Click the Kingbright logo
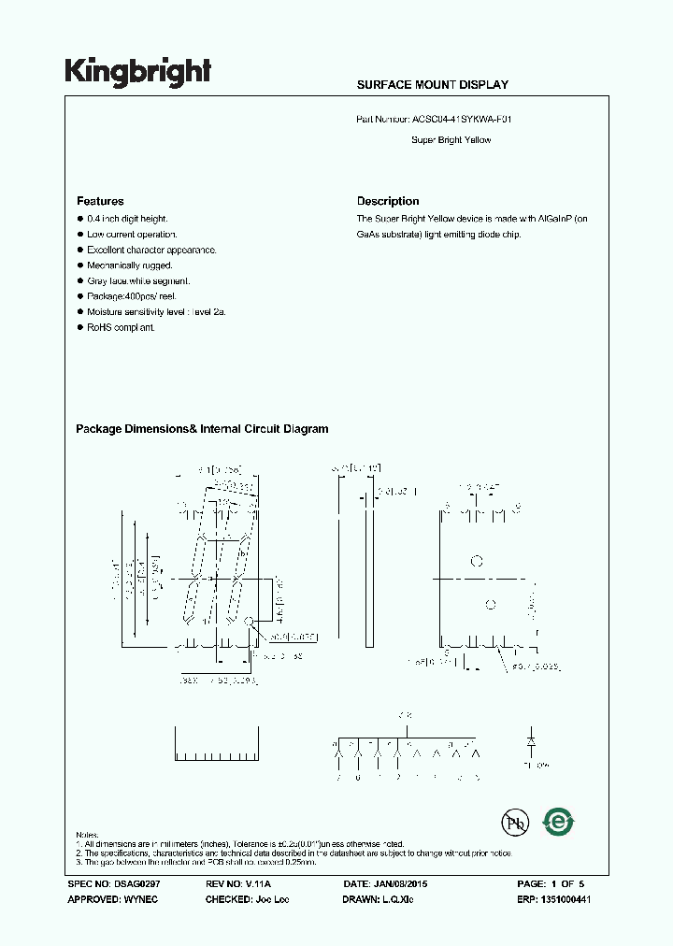[x=137, y=72]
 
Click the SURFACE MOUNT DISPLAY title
[x=432, y=85]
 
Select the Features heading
[x=100, y=201]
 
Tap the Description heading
[x=388, y=201]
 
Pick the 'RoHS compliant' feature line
[x=121, y=328]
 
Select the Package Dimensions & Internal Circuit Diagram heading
[x=202, y=429]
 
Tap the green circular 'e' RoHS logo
[x=559, y=822]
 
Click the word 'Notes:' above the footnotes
[x=87, y=834]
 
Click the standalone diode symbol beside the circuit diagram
[x=531, y=740]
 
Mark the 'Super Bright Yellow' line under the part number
[x=451, y=140]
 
